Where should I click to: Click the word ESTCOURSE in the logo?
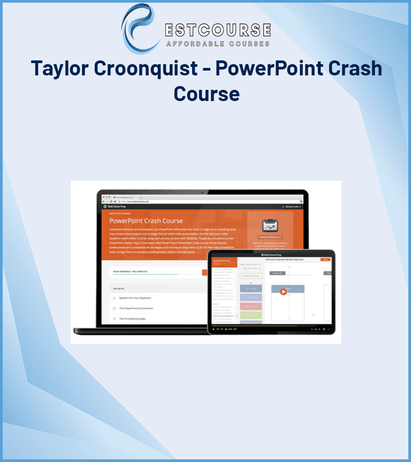pos(218,29)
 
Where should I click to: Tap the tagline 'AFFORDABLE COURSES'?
pos(218,44)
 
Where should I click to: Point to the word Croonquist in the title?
pos(148,68)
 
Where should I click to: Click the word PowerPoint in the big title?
pos(268,68)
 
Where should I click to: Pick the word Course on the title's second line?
pos(206,94)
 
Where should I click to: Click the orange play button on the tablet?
pos(283,292)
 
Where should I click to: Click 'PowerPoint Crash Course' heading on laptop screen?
pos(146,220)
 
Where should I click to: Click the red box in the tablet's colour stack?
pos(251,307)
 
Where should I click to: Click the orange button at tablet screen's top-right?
pos(325,259)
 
